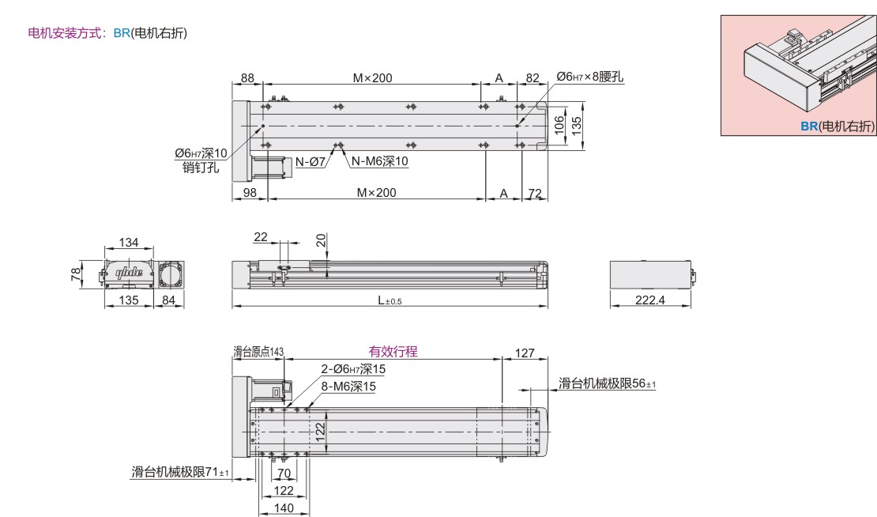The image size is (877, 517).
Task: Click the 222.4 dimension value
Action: coord(650,300)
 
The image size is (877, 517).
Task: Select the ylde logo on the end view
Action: coord(130,273)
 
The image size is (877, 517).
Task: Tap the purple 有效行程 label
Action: coord(393,351)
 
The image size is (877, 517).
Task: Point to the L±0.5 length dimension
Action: coord(390,300)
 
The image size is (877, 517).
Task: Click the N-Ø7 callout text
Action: coord(311,162)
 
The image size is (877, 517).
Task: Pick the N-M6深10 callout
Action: coord(380,161)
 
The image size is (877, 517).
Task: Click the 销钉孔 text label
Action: coord(201,168)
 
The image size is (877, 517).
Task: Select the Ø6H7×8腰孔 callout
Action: coord(589,77)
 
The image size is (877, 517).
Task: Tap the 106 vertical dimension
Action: coord(559,126)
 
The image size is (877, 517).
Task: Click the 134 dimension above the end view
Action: coord(129,242)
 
